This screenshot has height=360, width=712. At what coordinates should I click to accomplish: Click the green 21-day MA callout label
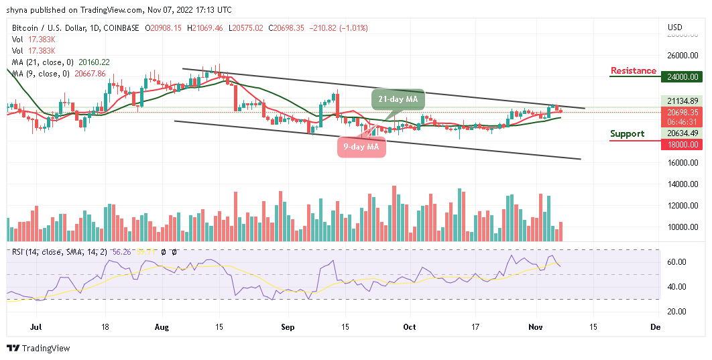398,100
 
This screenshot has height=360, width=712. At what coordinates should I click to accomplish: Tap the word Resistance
633,70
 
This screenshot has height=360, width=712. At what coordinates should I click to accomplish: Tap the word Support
627,133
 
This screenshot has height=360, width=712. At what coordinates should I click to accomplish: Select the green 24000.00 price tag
683,77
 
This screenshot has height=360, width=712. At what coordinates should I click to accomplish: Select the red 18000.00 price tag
683,144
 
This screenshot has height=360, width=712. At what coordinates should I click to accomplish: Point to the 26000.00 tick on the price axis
683,56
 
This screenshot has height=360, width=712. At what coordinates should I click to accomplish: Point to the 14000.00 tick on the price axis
683,184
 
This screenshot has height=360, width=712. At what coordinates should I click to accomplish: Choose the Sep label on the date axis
288,327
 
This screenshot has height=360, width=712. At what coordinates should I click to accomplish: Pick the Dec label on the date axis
656,327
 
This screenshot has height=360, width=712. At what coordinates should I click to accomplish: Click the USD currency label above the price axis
674,27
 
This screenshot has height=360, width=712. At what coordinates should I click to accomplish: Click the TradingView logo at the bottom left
38,348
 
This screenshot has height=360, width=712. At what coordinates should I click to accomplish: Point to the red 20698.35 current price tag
683,113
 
